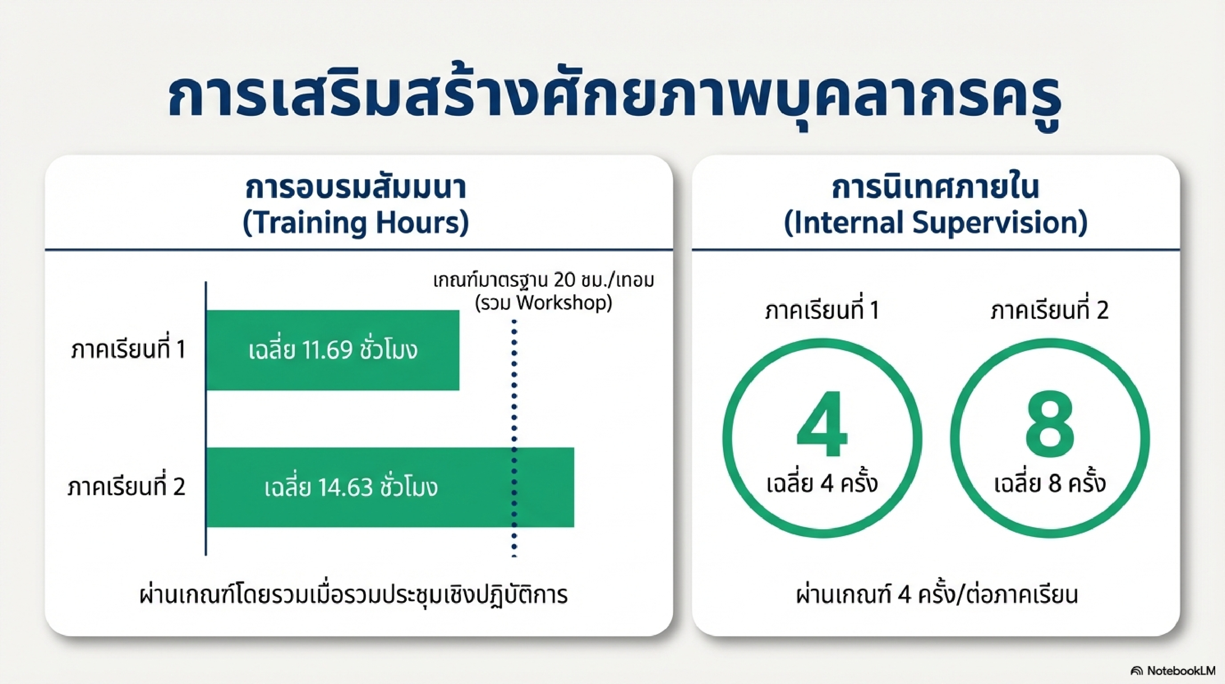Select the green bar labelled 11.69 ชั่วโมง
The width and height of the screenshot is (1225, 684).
coord(332,351)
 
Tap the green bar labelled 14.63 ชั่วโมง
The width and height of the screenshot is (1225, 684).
coord(390,487)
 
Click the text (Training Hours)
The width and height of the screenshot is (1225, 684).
coord(355,223)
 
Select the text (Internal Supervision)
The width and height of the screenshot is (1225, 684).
coord(935,223)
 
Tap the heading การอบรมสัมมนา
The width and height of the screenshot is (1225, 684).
coord(355,189)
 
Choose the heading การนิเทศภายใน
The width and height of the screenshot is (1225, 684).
coord(935,189)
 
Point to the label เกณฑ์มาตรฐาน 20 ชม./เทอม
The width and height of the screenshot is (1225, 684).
coord(543,280)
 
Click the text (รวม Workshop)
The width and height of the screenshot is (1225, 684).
coord(543,303)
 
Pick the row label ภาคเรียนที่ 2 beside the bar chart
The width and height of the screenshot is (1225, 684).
coord(126,487)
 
